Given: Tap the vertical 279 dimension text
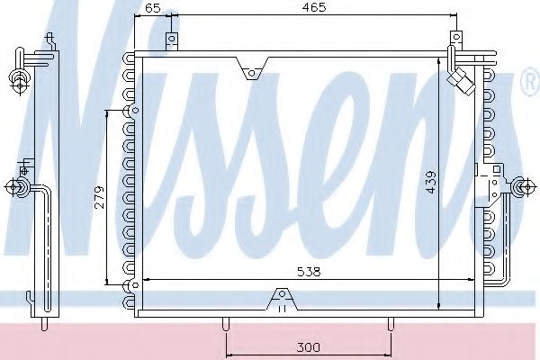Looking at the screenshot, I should (x=101, y=198).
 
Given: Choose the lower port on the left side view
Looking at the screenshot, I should (x=17, y=187).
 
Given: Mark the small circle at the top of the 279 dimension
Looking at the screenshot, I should (x=134, y=111).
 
